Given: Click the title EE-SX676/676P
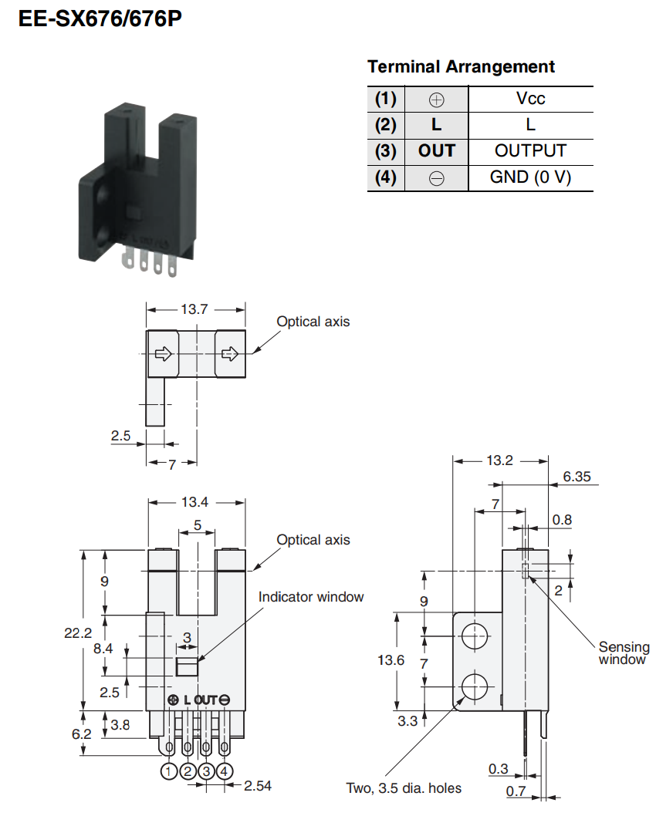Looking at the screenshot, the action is [x=100, y=19].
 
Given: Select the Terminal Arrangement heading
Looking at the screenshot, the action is [x=461, y=66].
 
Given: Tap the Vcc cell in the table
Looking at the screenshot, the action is [x=530, y=99].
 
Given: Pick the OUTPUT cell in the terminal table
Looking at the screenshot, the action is [x=530, y=151].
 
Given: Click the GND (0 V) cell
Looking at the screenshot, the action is [x=530, y=177].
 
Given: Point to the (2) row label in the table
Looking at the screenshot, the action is [x=386, y=125].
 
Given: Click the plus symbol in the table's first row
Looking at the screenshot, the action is [x=437, y=99].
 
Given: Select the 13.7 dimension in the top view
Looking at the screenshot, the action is [x=194, y=309].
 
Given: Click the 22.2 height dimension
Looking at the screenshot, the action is [x=78, y=632].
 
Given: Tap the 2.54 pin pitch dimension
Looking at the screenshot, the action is [x=257, y=786].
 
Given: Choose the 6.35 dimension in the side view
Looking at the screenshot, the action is [x=577, y=477].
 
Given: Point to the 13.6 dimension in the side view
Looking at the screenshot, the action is [x=391, y=659].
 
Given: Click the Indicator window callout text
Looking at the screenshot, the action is [x=311, y=597].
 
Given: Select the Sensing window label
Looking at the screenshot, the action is [x=624, y=653].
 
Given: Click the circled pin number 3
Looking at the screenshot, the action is [x=206, y=771].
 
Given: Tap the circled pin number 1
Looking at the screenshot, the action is [x=168, y=771].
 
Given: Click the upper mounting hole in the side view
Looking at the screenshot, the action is [x=475, y=636].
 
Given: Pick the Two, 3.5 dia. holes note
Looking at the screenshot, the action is [x=404, y=787].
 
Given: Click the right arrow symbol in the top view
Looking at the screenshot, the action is [x=230, y=354].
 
